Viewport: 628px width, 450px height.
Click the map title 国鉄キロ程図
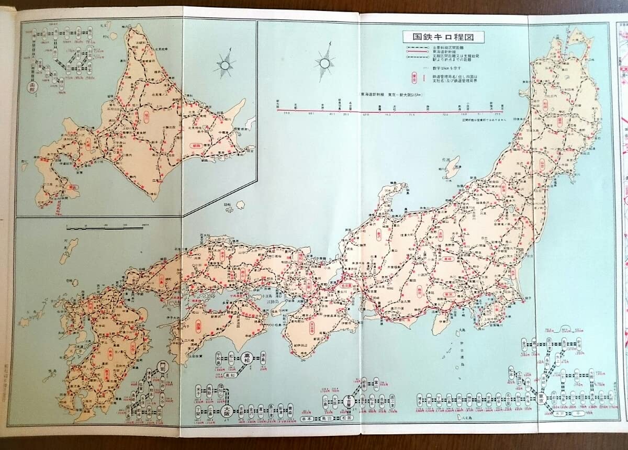(x=443, y=38)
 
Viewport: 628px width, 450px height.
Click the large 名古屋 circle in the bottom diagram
(x=354, y=401)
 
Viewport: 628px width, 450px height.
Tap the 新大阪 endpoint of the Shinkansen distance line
(x=279, y=110)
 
